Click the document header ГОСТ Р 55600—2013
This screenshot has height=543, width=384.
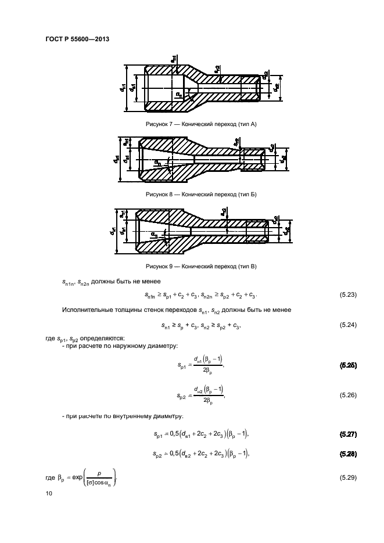point(77,39)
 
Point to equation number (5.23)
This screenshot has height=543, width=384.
point(347,295)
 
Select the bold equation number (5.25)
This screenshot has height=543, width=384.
point(347,365)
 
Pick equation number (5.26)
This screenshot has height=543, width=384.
point(347,395)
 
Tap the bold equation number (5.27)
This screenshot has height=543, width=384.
point(347,433)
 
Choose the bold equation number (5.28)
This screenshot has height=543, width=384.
point(347,452)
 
